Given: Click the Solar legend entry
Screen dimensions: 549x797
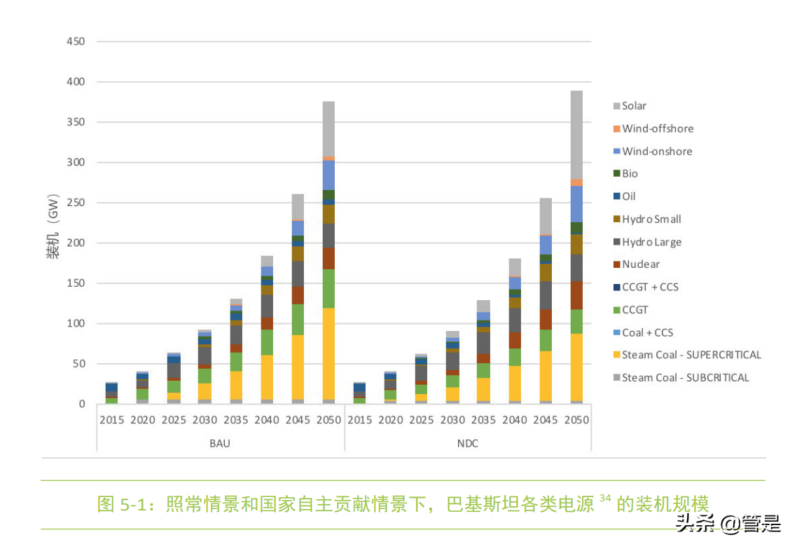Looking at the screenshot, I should (x=634, y=106).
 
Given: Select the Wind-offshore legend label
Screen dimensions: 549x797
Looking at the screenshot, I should (x=657, y=128).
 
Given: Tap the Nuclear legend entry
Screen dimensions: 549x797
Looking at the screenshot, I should (x=640, y=264).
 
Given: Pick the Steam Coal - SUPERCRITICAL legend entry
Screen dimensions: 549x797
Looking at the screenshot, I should (x=691, y=355).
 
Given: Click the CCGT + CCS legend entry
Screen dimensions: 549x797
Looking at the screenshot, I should (x=649, y=287).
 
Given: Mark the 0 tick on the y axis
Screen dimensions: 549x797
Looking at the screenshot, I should (x=81, y=405).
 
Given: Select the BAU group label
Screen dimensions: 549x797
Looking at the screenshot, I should (x=220, y=444).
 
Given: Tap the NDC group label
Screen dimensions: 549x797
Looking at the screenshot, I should (x=467, y=444).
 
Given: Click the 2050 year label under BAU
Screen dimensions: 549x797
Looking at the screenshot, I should (x=328, y=421).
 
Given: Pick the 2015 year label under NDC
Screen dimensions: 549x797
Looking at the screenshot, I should (x=360, y=421).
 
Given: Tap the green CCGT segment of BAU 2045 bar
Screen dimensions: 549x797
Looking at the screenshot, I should (x=298, y=320).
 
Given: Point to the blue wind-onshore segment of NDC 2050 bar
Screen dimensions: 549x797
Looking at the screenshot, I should (x=576, y=203).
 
